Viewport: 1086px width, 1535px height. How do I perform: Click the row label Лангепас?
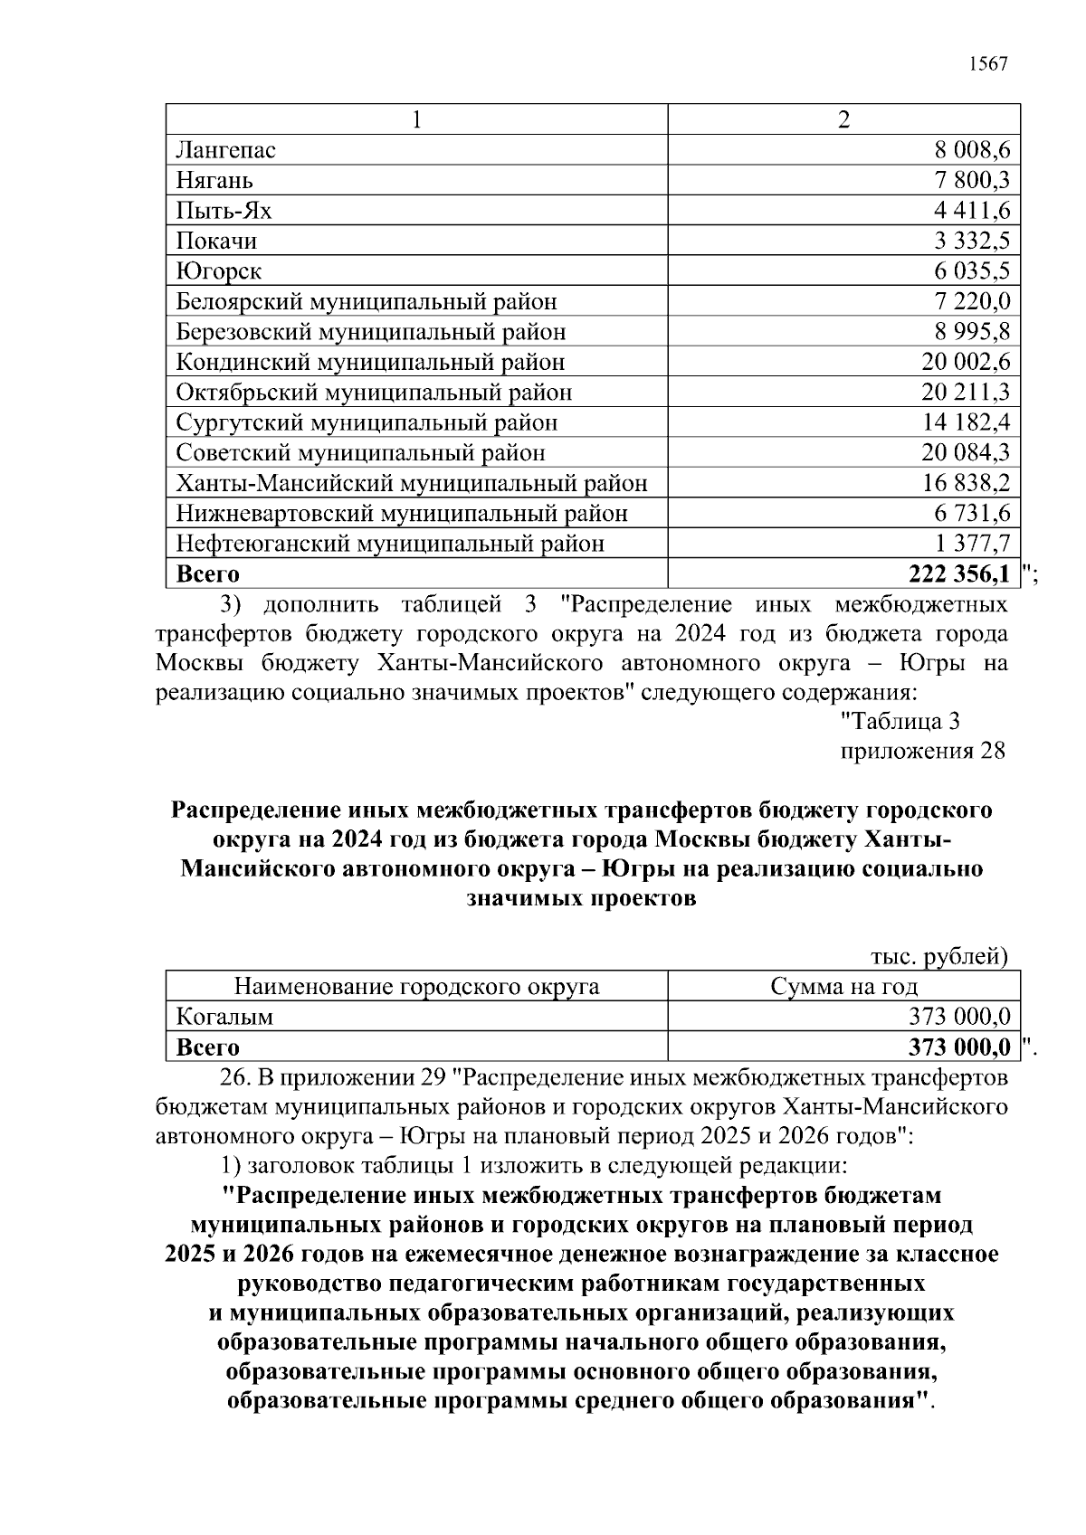pos(225,150)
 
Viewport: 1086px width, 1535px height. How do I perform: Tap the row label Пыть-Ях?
pos(224,211)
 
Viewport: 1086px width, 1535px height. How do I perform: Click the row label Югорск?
pos(219,271)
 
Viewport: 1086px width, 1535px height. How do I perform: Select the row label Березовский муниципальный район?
pos(371,332)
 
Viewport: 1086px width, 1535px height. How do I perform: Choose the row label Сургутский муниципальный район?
pos(367,422)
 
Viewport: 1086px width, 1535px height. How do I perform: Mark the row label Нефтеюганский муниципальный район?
pos(390,544)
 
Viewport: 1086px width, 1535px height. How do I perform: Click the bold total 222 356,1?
pos(951,574)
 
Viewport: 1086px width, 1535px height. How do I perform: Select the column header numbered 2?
pos(843,120)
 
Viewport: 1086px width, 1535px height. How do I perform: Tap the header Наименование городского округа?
pos(416,986)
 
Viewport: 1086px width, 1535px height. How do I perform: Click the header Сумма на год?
pos(843,986)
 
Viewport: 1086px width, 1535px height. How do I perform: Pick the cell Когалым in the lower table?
pos(224,1017)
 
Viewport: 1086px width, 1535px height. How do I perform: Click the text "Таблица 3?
pos(900,722)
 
